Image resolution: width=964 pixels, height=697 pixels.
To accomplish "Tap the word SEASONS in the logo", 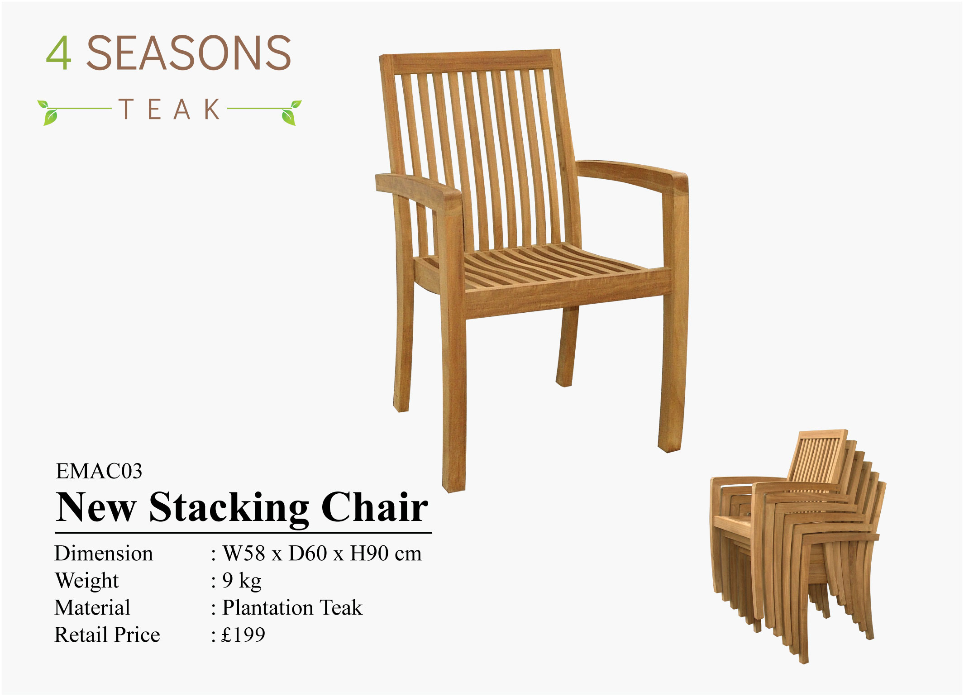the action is pos(188,53).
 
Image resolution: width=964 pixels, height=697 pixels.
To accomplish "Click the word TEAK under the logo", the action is pos(170,110).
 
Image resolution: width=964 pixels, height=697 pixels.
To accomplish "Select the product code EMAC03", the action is pos(99,471).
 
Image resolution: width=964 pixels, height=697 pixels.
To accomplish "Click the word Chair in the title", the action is pos(375,507).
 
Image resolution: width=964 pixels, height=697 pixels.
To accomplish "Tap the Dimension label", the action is pos(104,554).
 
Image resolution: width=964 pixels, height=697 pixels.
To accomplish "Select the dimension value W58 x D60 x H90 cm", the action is pos(322,554).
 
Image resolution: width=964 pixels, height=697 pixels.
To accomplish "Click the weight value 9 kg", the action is pos(242,581).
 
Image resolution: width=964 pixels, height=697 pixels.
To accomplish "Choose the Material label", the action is pos(92,608).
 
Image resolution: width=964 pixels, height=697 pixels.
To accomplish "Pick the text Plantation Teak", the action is pos(292,608).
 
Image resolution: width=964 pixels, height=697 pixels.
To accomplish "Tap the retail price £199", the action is pos(243,635).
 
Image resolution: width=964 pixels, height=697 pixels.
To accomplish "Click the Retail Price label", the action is pos(107,635).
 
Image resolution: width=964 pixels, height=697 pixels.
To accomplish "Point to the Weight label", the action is pos(86,581).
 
